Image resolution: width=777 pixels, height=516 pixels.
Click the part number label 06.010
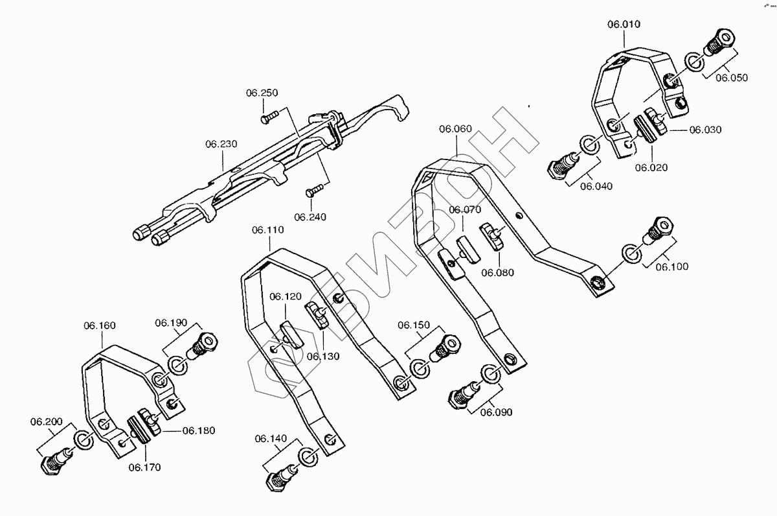[624, 25]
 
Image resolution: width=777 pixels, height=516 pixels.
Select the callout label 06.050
[732, 77]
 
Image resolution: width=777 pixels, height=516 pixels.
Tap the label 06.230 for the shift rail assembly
[222, 144]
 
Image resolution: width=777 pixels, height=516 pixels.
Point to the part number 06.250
[262, 93]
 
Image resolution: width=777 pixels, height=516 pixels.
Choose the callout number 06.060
[455, 128]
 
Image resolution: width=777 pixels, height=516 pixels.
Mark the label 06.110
[268, 229]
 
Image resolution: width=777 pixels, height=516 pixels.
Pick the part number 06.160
[100, 325]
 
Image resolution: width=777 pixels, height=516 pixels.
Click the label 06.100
[672, 266]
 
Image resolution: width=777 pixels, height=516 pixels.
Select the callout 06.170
[144, 466]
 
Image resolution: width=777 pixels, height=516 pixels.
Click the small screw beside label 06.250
[269, 117]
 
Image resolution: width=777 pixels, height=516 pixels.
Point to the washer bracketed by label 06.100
[631, 253]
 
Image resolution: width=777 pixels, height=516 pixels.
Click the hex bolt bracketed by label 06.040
[561, 163]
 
